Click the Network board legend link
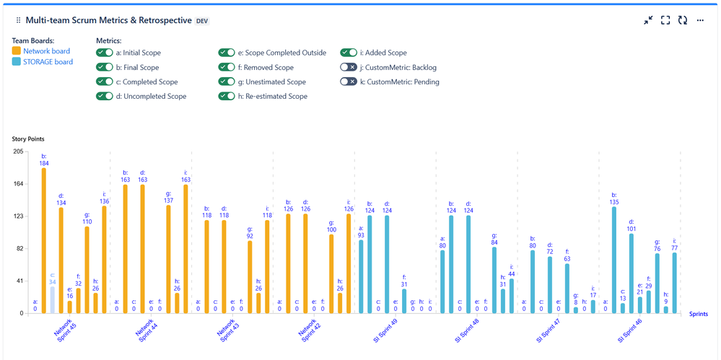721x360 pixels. pyautogui.click(x=46, y=51)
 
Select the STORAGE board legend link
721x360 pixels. pyautogui.click(x=48, y=62)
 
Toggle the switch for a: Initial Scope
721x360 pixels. pyautogui.click(x=105, y=53)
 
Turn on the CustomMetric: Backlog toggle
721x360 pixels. pyautogui.click(x=349, y=67)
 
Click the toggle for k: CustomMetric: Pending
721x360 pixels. pyautogui.click(x=349, y=82)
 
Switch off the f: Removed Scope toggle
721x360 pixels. pyautogui.click(x=227, y=67)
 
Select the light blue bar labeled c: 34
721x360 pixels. pyautogui.click(x=52, y=299)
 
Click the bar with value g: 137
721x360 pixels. pyautogui.click(x=168, y=258)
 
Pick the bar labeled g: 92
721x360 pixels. pyautogui.click(x=250, y=276)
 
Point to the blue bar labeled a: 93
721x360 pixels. pyautogui.click(x=361, y=276)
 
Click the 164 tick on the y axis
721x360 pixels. pyautogui.click(x=19, y=184)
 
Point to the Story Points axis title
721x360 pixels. pyautogui.click(x=27, y=139)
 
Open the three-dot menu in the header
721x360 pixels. pyautogui.click(x=700, y=20)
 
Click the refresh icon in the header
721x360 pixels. pyautogui.click(x=683, y=20)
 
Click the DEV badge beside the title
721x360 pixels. pyautogui.click(x=203, y=21)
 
